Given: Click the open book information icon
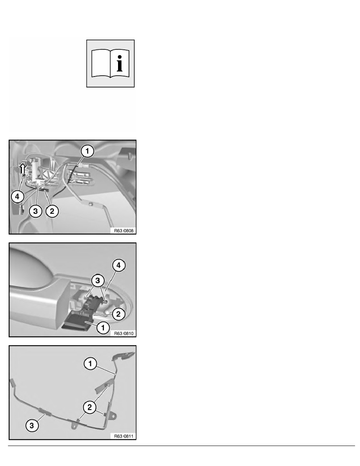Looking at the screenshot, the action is [x=110, y=64].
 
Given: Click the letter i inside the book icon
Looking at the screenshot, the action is [x=119, y=63].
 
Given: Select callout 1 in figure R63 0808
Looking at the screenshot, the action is [x=87, y=151].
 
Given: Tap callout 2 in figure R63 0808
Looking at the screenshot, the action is [x=52, y=211].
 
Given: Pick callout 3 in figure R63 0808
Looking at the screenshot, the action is [x=36, y=211].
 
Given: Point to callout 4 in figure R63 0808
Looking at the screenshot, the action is [x=17, y=197].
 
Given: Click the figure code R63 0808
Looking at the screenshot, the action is [x=124, y=231].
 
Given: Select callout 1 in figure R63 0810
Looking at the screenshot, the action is [x=103, y=328].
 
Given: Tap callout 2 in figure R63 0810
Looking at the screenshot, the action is [x=118, y=314].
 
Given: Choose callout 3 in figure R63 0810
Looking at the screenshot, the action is [x=98, y=280].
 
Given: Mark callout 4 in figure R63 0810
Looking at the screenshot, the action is [x=119, y=265].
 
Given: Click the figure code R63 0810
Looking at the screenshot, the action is [x=124, y=333].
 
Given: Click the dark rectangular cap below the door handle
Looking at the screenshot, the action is [x=78, y=323].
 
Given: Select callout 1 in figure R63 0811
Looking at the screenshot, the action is [x=90, y=364].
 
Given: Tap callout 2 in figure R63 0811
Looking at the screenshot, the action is [x=90, y=407].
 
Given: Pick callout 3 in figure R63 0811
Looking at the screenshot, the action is [x=32, y=425].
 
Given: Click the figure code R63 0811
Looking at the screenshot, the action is [x=124, y=436].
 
